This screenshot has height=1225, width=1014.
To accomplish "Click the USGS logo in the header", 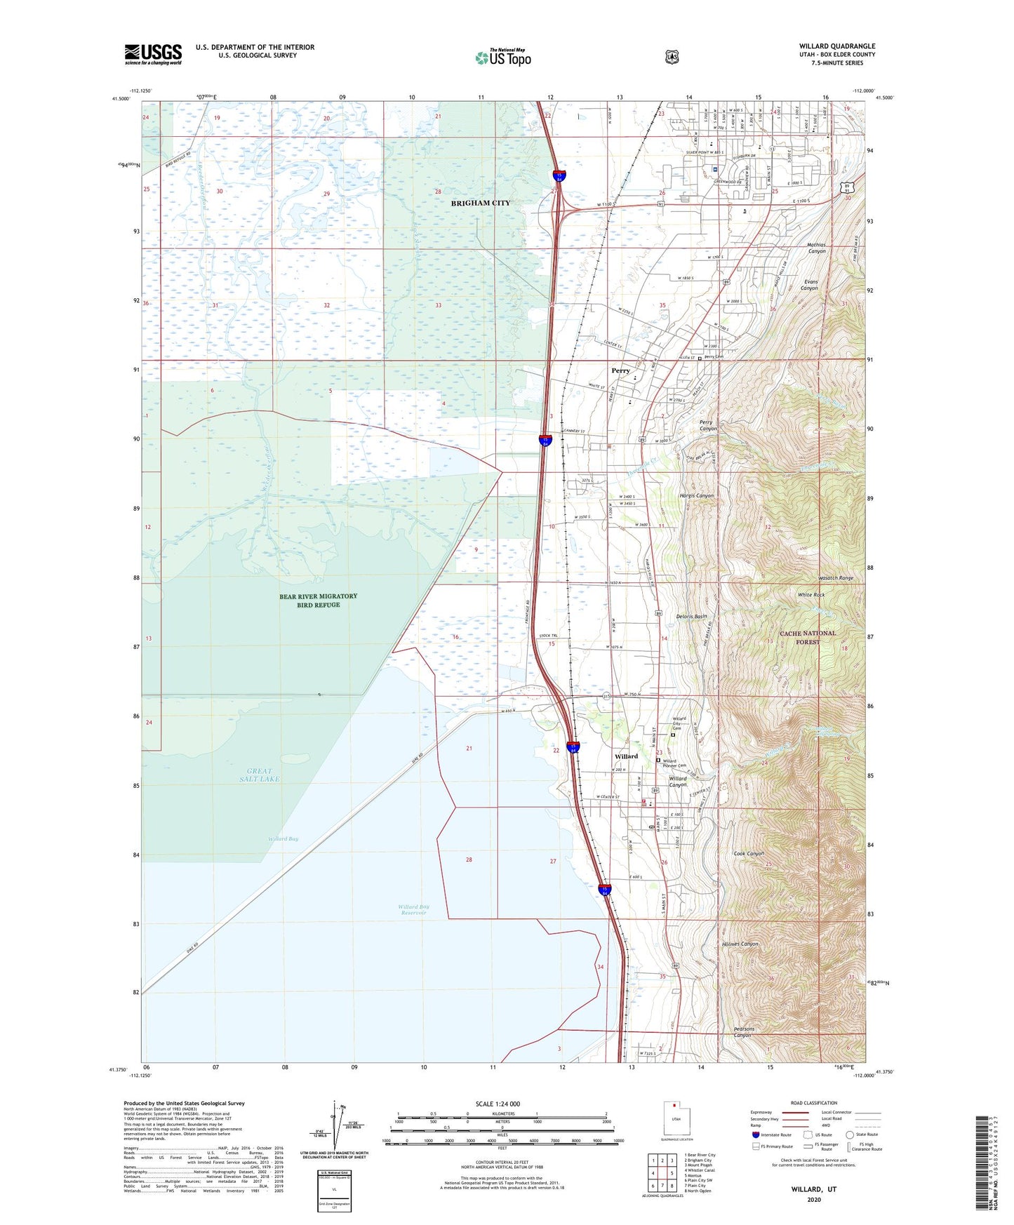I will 153,54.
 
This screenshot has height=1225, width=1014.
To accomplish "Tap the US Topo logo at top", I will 502,58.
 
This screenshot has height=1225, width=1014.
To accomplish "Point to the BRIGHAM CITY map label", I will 481,203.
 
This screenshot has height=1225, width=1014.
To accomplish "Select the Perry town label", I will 620,370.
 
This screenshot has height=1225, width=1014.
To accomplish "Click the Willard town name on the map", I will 626,756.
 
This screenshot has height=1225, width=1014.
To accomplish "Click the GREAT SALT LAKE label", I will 259,775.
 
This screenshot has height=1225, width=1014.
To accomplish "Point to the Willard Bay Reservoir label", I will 414,910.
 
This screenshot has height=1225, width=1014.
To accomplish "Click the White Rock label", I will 810,595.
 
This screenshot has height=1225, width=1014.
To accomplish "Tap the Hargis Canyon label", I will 696,496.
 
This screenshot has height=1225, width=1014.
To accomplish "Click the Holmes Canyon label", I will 740,944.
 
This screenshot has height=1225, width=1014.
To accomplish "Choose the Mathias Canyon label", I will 817,248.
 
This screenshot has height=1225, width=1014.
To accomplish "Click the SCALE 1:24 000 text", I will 498,1104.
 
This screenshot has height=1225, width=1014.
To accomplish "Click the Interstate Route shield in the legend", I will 755,1134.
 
